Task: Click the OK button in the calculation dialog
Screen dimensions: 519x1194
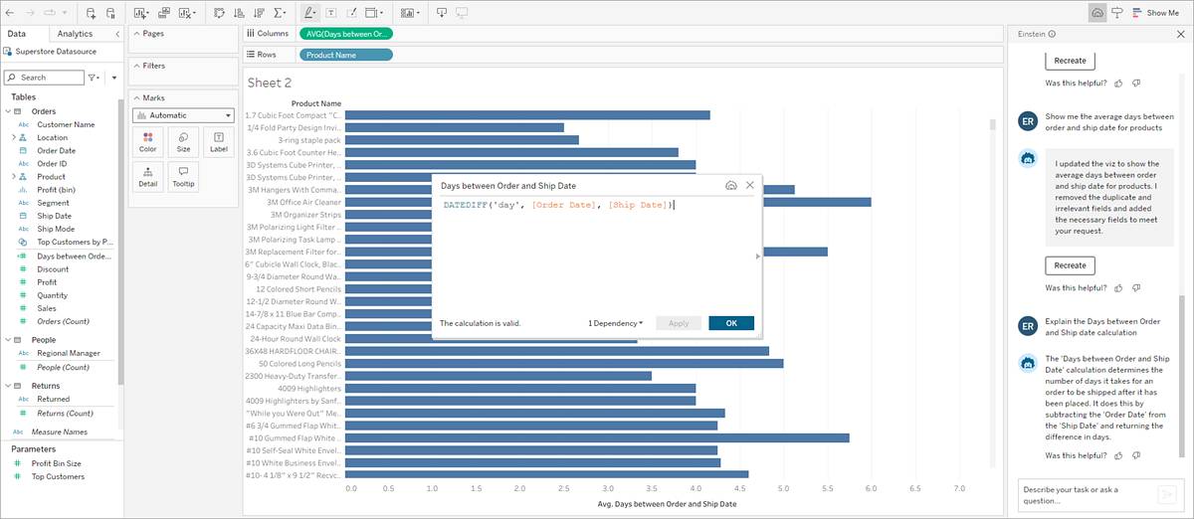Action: click(731, 323)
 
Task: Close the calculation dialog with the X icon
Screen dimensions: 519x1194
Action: click(750, 185)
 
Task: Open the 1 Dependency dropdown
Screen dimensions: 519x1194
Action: click(615, 323)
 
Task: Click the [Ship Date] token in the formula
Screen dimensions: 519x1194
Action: click(638, 205)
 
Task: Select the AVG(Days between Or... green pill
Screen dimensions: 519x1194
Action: click(346, 34)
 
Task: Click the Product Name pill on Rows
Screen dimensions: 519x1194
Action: click(346, 55)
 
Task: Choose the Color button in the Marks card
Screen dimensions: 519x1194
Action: click(148, 142)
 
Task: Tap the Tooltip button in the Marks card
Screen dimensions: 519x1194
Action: click(183, 177)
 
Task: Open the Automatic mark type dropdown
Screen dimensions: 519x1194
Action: click(184, 115)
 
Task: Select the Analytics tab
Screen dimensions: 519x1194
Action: click(75, 34)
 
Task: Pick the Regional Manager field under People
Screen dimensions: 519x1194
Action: click(67, 353)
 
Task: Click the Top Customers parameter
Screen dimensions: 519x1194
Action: click(58, 476)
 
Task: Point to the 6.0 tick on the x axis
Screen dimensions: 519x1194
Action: click(871, 489)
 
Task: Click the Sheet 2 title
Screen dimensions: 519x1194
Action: click(270, 83)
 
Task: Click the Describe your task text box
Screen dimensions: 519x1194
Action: click(1084, 494)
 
